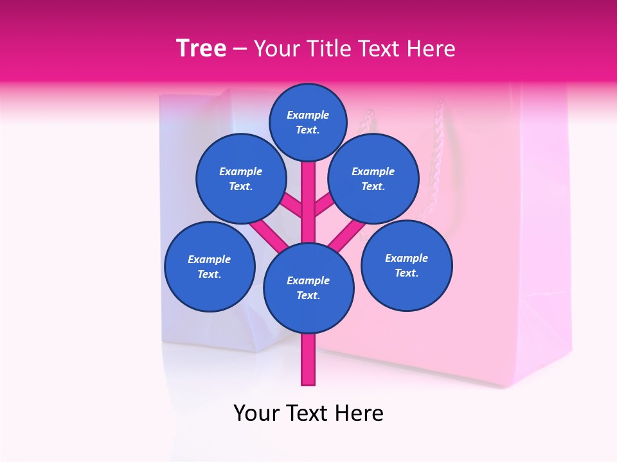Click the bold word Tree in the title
(x=201, y=49)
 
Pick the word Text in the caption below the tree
(x=308, y=413)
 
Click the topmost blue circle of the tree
(x=308, y=122)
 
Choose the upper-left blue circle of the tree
(x=240, y=178)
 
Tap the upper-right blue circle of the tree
(x=373, y=178)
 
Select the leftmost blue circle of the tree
(x=210, y=266)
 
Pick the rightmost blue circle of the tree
(x=407, y=265)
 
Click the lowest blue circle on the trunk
(x=308, y=287)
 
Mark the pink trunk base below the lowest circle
(x=308, y=359)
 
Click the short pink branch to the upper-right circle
(x=324, y=205)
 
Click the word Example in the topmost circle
(x=308, y=115)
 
